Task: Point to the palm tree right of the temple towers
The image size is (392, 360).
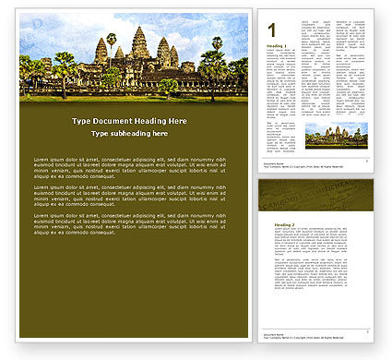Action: click(x=217, y=46)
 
